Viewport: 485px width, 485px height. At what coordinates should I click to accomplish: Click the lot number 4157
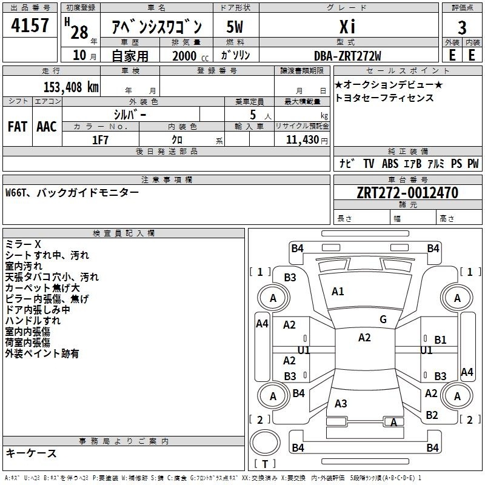30,25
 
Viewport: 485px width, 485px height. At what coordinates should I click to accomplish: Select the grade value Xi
347,27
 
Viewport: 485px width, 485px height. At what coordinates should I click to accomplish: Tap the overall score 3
462,28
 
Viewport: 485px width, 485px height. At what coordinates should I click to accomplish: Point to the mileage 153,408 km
71,87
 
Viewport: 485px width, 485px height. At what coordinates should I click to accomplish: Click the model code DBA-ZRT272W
347,56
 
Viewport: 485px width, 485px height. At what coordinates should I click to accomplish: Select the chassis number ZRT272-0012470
407,193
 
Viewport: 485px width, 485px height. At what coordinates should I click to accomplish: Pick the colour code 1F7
100,140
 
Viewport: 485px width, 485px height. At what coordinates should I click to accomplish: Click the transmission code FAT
18,127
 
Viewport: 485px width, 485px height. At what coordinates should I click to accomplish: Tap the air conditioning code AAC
47,127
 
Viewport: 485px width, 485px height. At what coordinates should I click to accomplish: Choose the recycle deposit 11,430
302,140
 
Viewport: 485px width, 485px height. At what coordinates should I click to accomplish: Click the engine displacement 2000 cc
190,56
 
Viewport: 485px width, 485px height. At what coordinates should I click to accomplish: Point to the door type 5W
235,27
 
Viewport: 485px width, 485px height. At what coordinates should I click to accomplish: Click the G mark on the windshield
383,319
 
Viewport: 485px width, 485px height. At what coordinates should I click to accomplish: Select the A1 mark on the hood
338,292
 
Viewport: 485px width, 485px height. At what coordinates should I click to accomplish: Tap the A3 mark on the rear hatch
341,404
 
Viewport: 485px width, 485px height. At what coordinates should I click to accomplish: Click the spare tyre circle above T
265,443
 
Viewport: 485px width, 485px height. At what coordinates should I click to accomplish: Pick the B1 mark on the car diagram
440,340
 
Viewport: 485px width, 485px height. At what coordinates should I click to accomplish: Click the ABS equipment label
390,163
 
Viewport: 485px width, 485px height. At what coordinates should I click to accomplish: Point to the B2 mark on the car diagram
432,415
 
